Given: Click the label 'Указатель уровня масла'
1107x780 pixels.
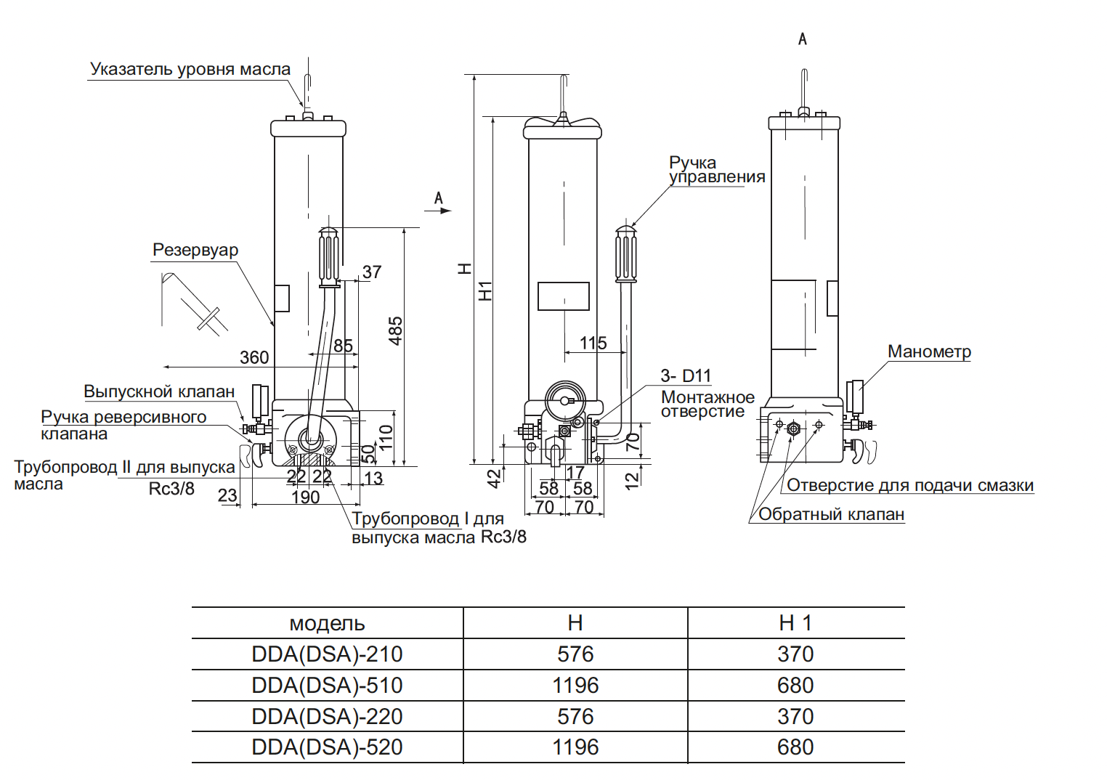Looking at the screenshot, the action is tap(190, 69).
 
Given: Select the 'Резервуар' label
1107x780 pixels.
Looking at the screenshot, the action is tap(195, 250).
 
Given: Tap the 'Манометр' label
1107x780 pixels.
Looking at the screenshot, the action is tap(929, 352).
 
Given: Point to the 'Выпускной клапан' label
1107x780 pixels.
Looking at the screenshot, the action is tap(159, 391).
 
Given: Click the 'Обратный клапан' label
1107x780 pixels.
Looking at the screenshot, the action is tap(831, 514).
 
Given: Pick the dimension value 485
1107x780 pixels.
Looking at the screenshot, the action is tap(395, 331).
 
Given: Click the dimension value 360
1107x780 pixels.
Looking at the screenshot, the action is tap(254, 357).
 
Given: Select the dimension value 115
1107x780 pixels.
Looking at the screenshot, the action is tap(593, 343).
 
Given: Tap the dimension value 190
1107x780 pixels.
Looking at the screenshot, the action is tap(305, 497).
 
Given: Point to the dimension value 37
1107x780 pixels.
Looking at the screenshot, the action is tap(372, 272).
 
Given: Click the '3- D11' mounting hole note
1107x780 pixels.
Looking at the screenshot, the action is tap(686, 376).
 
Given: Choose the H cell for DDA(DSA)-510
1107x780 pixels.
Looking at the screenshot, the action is tap(575, 685).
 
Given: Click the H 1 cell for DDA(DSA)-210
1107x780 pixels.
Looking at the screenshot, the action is tap(795, 654).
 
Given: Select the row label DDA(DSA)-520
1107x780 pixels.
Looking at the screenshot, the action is tap(327, 747).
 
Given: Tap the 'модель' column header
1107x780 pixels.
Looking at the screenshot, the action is tap(327, 623).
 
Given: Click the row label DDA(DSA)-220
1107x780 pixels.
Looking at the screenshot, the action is tap(327, 716).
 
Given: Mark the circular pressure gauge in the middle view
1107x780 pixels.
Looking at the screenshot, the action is tap(565, 400).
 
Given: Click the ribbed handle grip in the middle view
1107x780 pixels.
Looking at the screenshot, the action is tap(625, 254).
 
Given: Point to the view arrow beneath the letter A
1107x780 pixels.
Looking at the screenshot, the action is tap(438, 211).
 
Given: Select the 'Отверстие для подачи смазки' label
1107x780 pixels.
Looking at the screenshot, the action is tap(910, 485).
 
